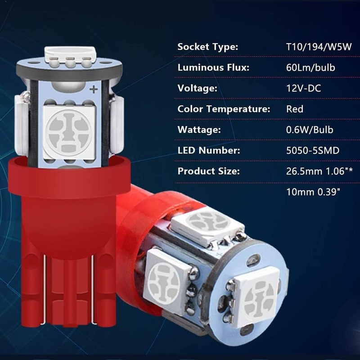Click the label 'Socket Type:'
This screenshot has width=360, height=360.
(208, 47)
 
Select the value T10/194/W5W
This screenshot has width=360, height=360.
(319, 47)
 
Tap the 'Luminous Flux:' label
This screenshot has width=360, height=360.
(213, 68)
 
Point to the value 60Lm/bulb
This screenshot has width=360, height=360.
(310, 68)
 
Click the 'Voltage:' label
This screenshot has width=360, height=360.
(197, 88)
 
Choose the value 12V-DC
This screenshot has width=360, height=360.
(303, 88)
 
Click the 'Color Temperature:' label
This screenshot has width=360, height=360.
(224, 109)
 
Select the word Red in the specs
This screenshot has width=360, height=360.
(295, 109)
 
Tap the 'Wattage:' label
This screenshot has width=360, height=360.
(199, 130)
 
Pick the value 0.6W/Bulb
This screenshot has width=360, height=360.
(310, 130)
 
